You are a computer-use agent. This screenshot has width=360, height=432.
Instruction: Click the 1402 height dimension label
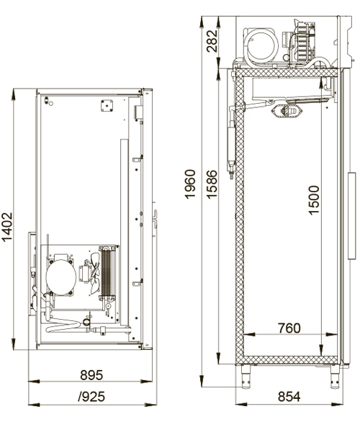pyautogui.click(x=7, y=227)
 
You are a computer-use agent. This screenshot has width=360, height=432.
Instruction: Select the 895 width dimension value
pyautogui.click(x=91, y=375)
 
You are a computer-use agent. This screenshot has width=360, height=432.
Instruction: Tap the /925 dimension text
pyautogui.click(x=91, y=397)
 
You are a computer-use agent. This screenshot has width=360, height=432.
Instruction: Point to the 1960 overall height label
pyautogui.click(x=190, y=184)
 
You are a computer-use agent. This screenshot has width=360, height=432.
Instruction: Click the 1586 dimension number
pyautogui.click(x=212, y=184)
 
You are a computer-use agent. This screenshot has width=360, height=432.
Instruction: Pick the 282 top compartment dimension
pyautogui.click(x=212, y=41)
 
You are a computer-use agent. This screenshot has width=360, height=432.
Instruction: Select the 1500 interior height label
pyautogui.click(x=314, y=199)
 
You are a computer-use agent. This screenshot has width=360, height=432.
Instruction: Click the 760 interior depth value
pyautogui.click(x=289, y=328)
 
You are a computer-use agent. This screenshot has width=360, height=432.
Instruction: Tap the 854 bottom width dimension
pyautogui.click(x=289, y=397)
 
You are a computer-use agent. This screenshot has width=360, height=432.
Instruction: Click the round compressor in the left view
pyautogui.click(x=61, y=277)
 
